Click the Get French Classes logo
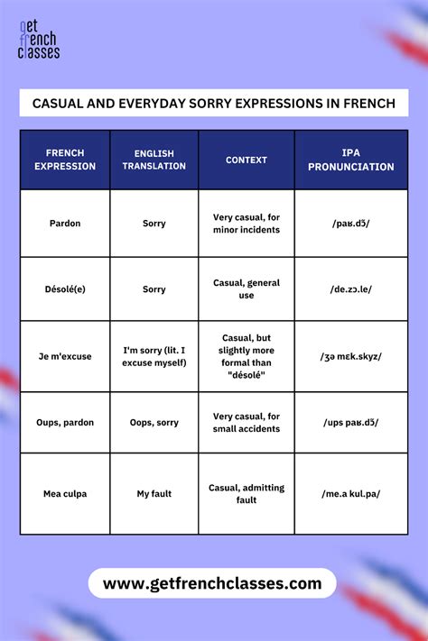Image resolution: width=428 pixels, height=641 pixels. tap(39, 41)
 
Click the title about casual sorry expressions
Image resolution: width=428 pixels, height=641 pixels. tap(214, 103)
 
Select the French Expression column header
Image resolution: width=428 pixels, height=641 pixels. tap(65, 160)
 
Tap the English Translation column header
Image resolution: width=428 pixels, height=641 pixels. tap(154, 160)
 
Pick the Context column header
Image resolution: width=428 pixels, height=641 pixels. tap(247, 160)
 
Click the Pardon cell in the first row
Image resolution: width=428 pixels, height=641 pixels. tap(65, 223)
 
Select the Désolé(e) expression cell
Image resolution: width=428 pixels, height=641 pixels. tap(65, 289)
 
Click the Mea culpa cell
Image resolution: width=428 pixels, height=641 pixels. tap(65, 493)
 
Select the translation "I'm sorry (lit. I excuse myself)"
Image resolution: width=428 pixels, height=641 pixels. tap(154, 356)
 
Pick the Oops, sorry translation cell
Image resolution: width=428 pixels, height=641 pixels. tap(154, 422)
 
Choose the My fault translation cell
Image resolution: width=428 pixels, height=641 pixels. tap(154, 493)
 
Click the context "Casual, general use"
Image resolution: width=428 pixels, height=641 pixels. tap(247, 289)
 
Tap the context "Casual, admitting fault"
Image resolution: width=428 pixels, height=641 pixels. tap(247, 493)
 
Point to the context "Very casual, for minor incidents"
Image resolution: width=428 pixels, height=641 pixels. tap(247, 223)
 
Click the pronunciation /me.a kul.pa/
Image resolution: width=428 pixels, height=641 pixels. tap(351, 493)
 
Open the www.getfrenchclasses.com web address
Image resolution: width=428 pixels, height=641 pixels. tap(212, 583)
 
